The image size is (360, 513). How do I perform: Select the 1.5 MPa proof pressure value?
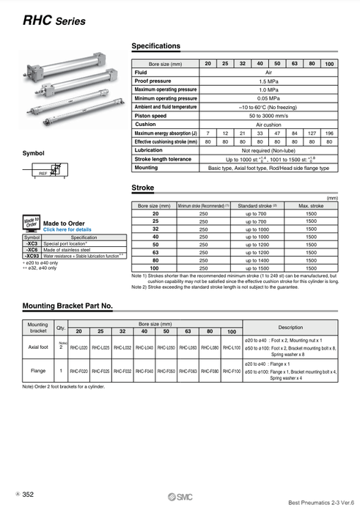click(x=267, y=81)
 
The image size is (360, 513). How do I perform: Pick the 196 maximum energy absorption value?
click(x=328, y=133)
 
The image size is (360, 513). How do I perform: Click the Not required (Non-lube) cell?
click(x=267, y=150)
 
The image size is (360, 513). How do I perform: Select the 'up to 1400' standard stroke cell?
click(x=254, y=260)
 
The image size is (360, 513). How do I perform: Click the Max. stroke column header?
click(x=311, y=206)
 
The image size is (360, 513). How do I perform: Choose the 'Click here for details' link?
click(x=67, y=229)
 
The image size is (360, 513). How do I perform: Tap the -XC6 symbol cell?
click(x=32, y=250)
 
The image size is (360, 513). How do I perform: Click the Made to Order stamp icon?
click(x=31, y=223)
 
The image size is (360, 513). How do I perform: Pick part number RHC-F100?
click(x=231, y=372)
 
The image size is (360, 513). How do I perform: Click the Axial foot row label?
click(x=37, y=347)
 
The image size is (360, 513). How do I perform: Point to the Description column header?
click(x=290, y=327)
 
